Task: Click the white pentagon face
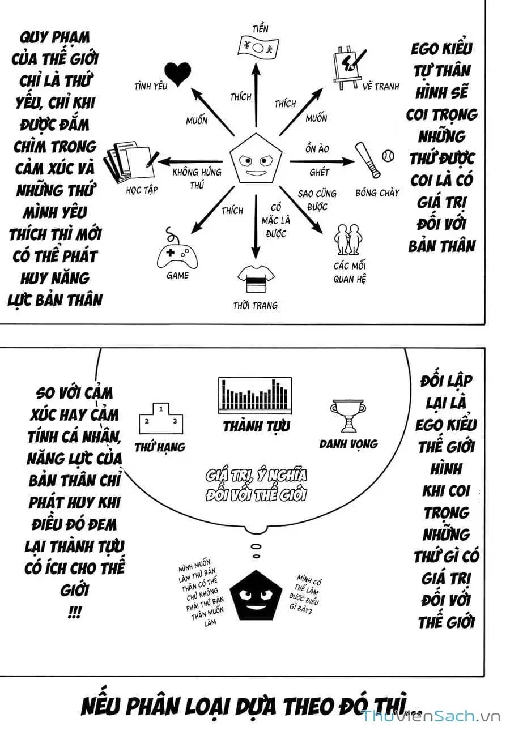point(257,161)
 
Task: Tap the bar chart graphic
point(255,395)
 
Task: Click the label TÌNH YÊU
point(151,87)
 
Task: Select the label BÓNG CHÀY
point(377,193)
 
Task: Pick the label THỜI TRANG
point(255,306)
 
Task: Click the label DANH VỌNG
point(348,444)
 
